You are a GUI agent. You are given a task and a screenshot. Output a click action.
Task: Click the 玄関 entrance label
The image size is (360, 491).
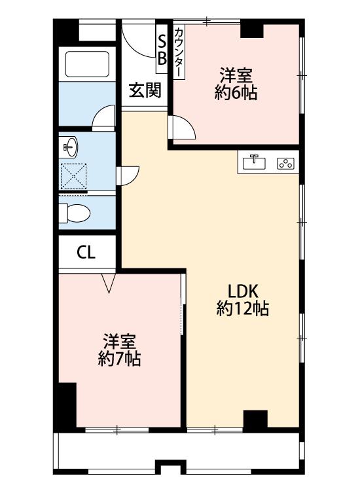pyautogui.click(x=145, y=90)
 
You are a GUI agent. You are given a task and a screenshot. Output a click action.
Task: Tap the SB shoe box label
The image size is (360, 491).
pyautogui.click(x=162, y=49)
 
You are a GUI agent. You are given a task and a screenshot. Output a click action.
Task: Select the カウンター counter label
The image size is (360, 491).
pyautogui.click(x=179, y=52)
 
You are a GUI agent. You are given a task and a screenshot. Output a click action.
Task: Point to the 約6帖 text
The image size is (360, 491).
pyautogui.click(x=236, y=93)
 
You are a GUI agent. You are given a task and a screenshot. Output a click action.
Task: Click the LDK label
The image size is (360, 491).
pyautogui.click(x=243, y=291)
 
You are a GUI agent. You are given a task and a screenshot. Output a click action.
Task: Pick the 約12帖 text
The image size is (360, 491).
pyautogui.click(x=243, y=309)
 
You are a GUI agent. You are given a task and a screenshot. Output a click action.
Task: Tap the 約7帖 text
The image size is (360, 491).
pyautogui.click(x=119, y=359)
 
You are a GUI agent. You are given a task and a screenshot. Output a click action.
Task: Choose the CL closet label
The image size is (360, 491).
pyautogui.click(x=86, y=253)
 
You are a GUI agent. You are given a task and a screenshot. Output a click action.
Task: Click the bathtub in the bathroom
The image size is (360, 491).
pyautogui.click(x=87, y=64)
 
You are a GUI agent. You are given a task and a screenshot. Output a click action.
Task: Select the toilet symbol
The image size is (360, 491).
pyautogui.click(x=75, y=213)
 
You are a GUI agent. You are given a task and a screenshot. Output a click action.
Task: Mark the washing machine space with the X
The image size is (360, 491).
pyautogui.click(x=73, y=176)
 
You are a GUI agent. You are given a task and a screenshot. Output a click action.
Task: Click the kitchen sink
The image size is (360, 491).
pyautogui.click(x=254, y=163)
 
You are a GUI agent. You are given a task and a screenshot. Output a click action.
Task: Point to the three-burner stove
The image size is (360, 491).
pyautogui.click(x=285, y=164)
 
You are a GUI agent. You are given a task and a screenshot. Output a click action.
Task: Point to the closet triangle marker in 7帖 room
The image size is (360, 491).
pyautogui.click(x=109, y=283)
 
